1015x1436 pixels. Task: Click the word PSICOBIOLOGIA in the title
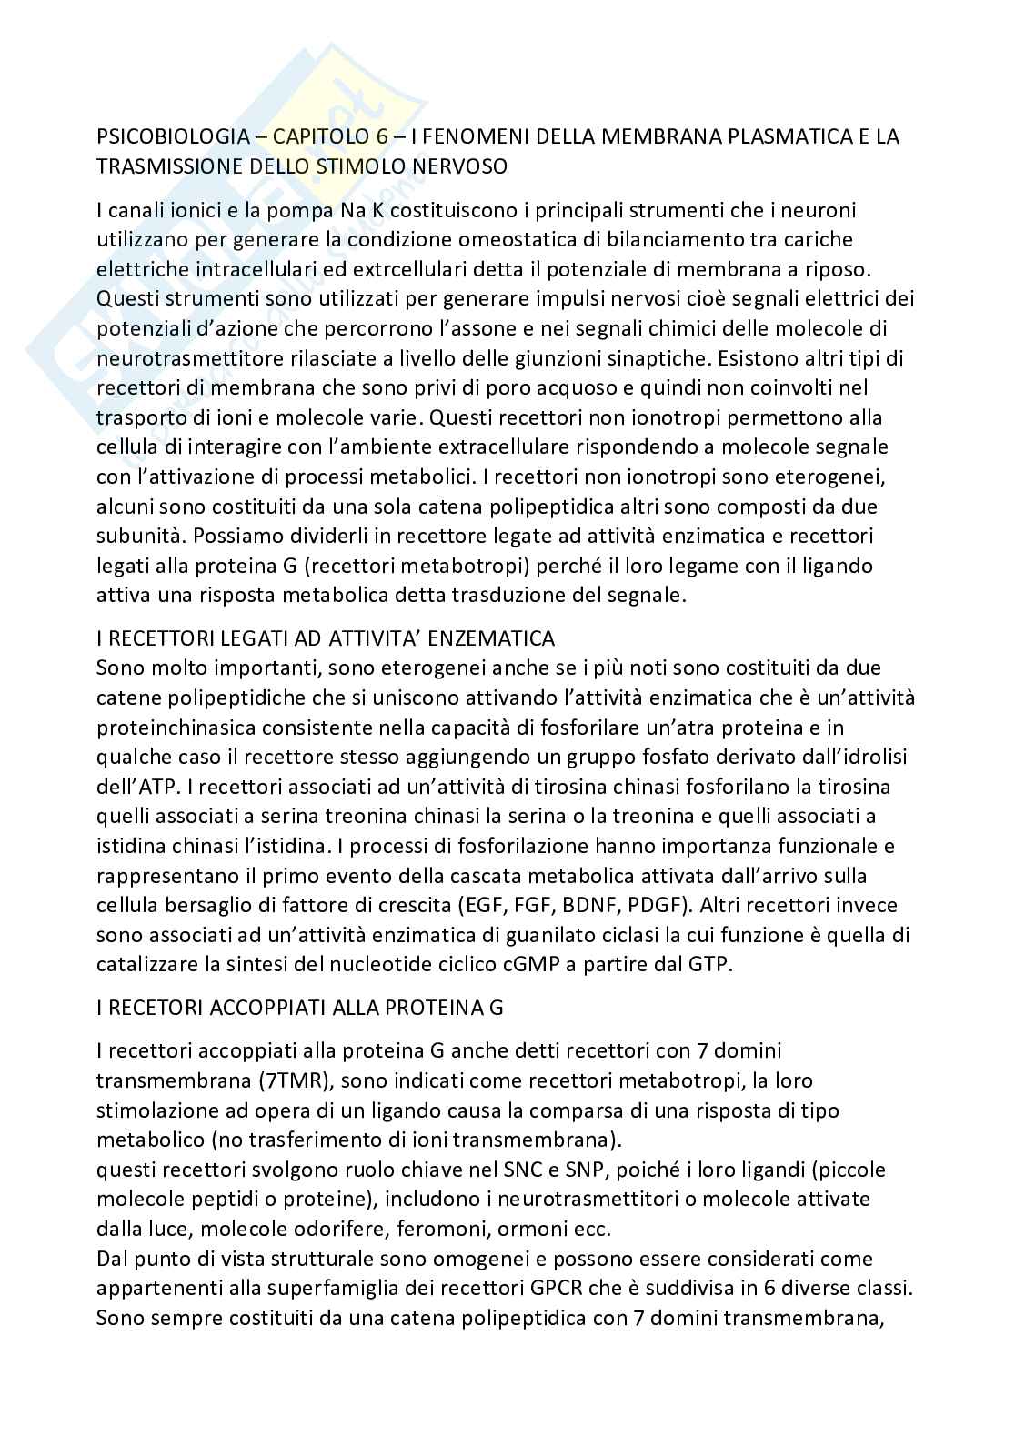(172, 137)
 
